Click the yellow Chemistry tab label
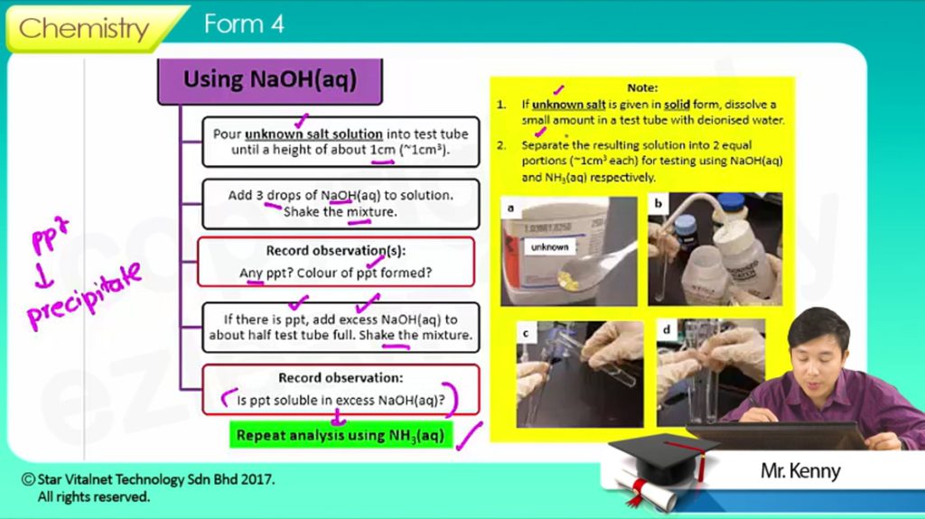pos(84,28)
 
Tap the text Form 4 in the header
pos(244,24)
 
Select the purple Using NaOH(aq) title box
pos(270,81)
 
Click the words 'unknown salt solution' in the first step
pos(313,134)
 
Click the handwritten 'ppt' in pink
pos(51,234)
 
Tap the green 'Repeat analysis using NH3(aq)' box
pos(341,435)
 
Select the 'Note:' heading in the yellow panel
pos(642,88)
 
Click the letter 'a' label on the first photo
pos(510,209)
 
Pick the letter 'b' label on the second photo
pos(659,204)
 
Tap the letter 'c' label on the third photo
pos(526,334)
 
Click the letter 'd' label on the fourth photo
pos(667,329)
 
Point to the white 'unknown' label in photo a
pos(550,247)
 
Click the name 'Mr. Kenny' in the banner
pos(800,470)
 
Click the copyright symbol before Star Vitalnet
pos(28,479)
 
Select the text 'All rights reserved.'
pos(94,497)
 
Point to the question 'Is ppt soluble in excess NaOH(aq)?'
pos(341,401)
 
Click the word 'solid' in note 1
pos(677,105)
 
